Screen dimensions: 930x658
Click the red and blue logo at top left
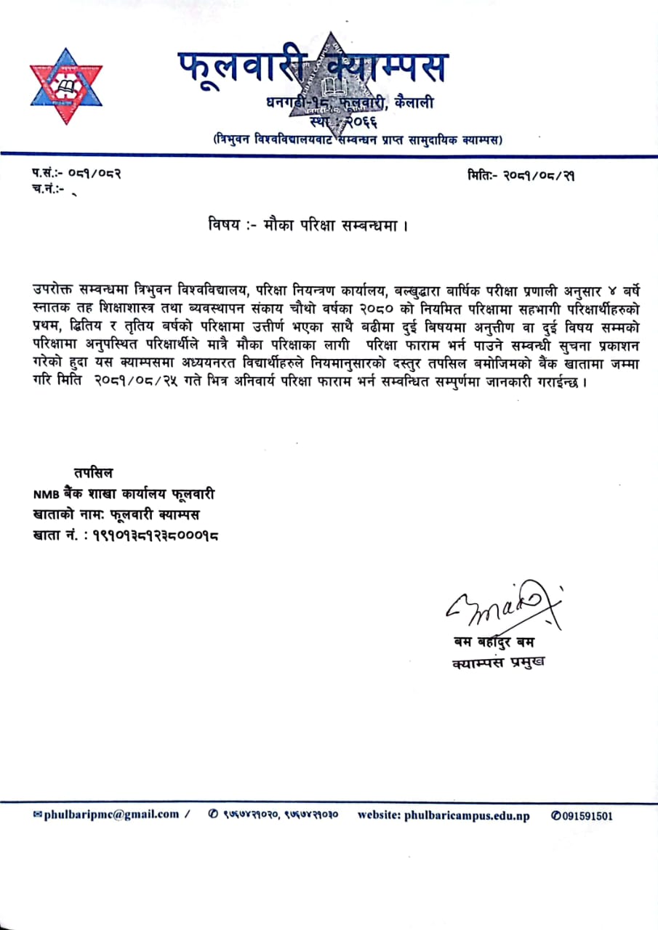(66, 85)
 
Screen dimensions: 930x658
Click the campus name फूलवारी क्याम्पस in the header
(313, 68)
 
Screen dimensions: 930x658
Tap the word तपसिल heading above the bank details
(93, 472)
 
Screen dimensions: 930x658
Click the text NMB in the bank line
(46, 494)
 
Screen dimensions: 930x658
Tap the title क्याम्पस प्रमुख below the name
(498, 662)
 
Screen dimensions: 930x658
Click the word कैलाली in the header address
(415, 103)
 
